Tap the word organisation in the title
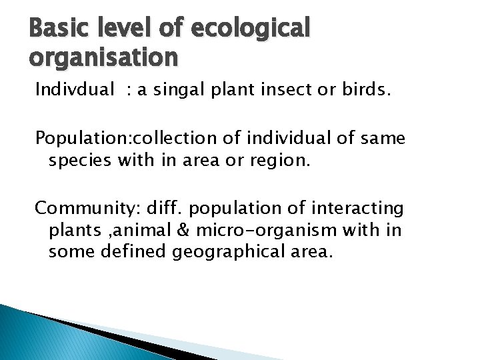pos(104,57)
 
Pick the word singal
pos(179,91)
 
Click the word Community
pos(73,209)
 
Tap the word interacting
pos(363,209)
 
